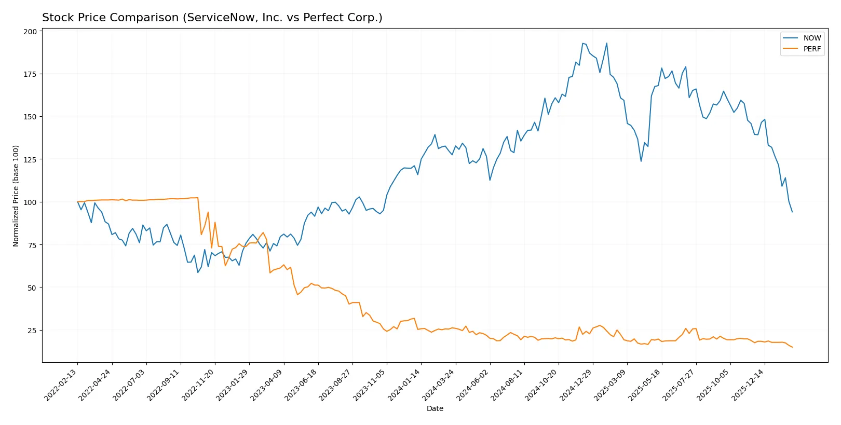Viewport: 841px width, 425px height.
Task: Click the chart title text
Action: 212,18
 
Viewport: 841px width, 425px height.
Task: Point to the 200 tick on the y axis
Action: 30,32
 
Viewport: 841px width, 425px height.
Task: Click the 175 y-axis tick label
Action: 30,74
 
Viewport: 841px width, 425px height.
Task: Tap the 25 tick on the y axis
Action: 32,331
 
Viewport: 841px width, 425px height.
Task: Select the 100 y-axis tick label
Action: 30,202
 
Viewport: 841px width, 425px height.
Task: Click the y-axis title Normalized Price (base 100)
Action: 16,196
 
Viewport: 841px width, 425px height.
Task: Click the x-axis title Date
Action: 435,408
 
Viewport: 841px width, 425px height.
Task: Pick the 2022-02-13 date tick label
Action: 61,385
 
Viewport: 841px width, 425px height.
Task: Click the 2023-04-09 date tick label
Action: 267,385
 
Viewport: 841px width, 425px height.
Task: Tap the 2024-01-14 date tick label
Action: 405,385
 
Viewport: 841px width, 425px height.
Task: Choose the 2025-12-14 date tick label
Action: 749,385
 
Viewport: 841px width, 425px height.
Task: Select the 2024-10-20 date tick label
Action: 542,385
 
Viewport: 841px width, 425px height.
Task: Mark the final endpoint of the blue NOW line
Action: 792,212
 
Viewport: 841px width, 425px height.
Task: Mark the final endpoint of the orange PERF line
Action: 792,347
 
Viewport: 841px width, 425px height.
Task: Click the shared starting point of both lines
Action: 78,202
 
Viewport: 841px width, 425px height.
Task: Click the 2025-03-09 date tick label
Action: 611,385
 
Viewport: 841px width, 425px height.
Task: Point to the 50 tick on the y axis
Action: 32,287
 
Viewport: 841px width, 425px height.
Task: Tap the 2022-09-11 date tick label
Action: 164,385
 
